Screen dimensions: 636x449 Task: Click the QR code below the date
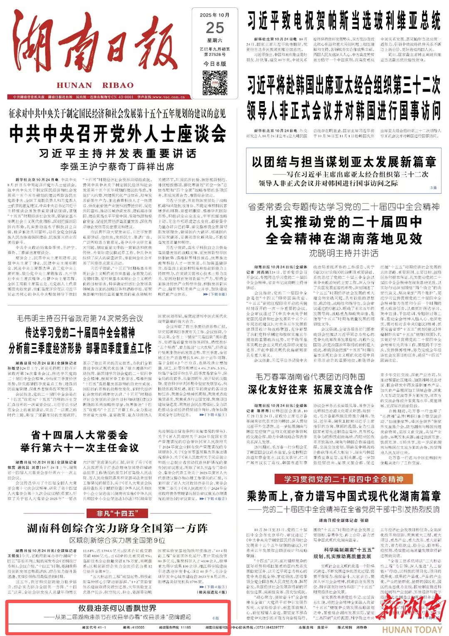(215, 83)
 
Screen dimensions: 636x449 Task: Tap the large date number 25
(215, 28)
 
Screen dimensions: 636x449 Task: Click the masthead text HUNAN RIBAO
(95, 85)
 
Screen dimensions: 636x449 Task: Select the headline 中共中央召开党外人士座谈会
(118, 134)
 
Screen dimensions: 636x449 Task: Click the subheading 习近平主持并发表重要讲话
(118, 153)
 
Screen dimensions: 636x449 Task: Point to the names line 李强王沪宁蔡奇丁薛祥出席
(118, 167)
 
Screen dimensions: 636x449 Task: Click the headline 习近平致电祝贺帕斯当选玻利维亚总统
(344, 20)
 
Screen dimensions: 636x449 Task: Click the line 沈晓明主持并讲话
(343, 253)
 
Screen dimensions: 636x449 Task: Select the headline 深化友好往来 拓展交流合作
(310, 389)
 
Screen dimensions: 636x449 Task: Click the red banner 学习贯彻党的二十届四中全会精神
(343, 479)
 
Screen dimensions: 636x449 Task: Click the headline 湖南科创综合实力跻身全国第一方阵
(117, 528)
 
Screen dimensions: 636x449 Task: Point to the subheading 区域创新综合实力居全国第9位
(117, 540)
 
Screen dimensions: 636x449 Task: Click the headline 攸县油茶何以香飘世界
(117, 608)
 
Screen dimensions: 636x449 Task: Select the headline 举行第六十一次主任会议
(79, 448)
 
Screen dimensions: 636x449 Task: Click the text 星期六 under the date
(215, 40)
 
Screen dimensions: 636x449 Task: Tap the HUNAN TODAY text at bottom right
(412, 629)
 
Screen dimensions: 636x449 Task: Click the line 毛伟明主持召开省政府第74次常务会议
(80, 318)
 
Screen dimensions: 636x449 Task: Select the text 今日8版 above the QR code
(215, 64)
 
